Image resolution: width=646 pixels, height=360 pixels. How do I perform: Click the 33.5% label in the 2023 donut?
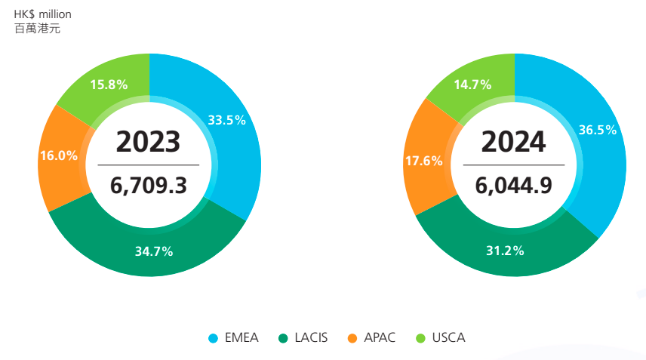[226, 120]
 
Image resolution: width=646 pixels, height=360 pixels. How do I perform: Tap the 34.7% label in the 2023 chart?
[154, 251]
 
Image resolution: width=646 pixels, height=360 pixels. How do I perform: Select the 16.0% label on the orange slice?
[59, 155]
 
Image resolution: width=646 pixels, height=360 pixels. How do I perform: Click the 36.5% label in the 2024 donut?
[597, 130]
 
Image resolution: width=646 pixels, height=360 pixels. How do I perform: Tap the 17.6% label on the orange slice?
[423, 161]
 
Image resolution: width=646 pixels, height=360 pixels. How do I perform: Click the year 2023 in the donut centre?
[148, 141]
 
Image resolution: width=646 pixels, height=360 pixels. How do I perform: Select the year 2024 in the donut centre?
[513, 141]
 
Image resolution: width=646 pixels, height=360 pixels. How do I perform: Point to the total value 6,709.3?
[148, 185]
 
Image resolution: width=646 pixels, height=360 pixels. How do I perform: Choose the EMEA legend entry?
[241, 337]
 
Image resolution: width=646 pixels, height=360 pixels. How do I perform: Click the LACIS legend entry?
[311, 337]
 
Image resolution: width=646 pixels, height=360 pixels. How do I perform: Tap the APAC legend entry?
[380, 337]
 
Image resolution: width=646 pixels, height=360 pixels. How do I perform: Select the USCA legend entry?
[448, 337]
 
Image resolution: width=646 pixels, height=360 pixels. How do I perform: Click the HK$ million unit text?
[42, 14]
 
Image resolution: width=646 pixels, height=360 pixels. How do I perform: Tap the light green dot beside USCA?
[421, 338]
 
